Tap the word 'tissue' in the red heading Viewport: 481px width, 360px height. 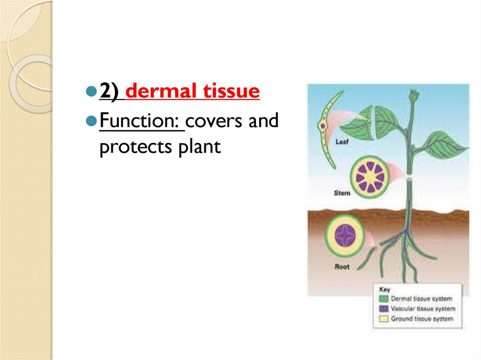coord(232,91)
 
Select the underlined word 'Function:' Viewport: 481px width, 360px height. coord(142,121)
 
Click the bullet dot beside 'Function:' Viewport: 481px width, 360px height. coord(91,122)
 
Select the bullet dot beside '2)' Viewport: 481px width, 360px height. coord(91,92)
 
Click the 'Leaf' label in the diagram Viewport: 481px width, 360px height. coord(342,141)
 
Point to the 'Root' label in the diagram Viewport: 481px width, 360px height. coord(342,267)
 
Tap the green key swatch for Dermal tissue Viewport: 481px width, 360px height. coord(384,299)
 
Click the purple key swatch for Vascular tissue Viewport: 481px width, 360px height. coord(384,309)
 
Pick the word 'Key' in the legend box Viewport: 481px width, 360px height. coord(384,290)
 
